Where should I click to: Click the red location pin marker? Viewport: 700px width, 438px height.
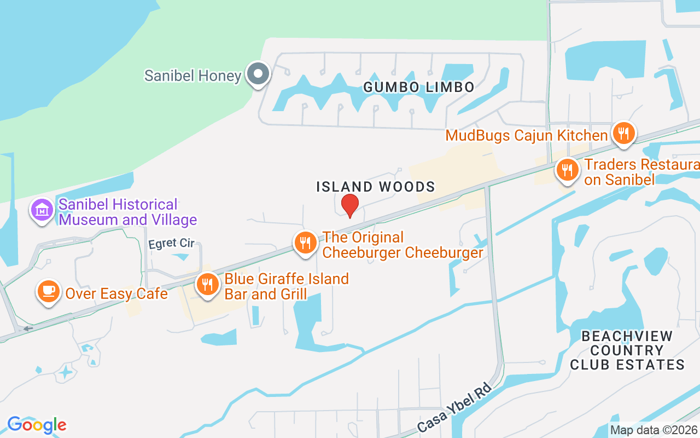coord(350,205)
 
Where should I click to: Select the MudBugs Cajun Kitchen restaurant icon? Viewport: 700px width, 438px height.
coord(623,133)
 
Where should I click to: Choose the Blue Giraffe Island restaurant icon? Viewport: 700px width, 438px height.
coord(207,285)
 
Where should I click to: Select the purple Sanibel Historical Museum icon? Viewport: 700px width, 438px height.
coord(42,210)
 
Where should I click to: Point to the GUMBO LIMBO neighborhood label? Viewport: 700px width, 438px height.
coord(419,87)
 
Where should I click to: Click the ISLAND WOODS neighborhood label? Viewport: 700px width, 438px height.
coord(376,187)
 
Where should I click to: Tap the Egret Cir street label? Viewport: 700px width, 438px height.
coord(172,244)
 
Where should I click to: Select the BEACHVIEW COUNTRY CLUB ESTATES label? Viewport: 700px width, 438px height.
coord(627,350)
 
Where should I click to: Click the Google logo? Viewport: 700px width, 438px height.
coord(37,424)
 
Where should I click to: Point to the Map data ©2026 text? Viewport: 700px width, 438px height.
coord(654,430)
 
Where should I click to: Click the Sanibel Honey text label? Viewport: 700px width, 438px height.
coord(192,76)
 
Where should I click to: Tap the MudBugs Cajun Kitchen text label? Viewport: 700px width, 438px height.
coord(527,135)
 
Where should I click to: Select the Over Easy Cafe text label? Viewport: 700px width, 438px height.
coord(116,293)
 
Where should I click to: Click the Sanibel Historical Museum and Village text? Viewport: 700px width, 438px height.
coord(127,212)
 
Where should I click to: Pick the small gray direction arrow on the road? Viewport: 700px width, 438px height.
coord(27,328)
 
